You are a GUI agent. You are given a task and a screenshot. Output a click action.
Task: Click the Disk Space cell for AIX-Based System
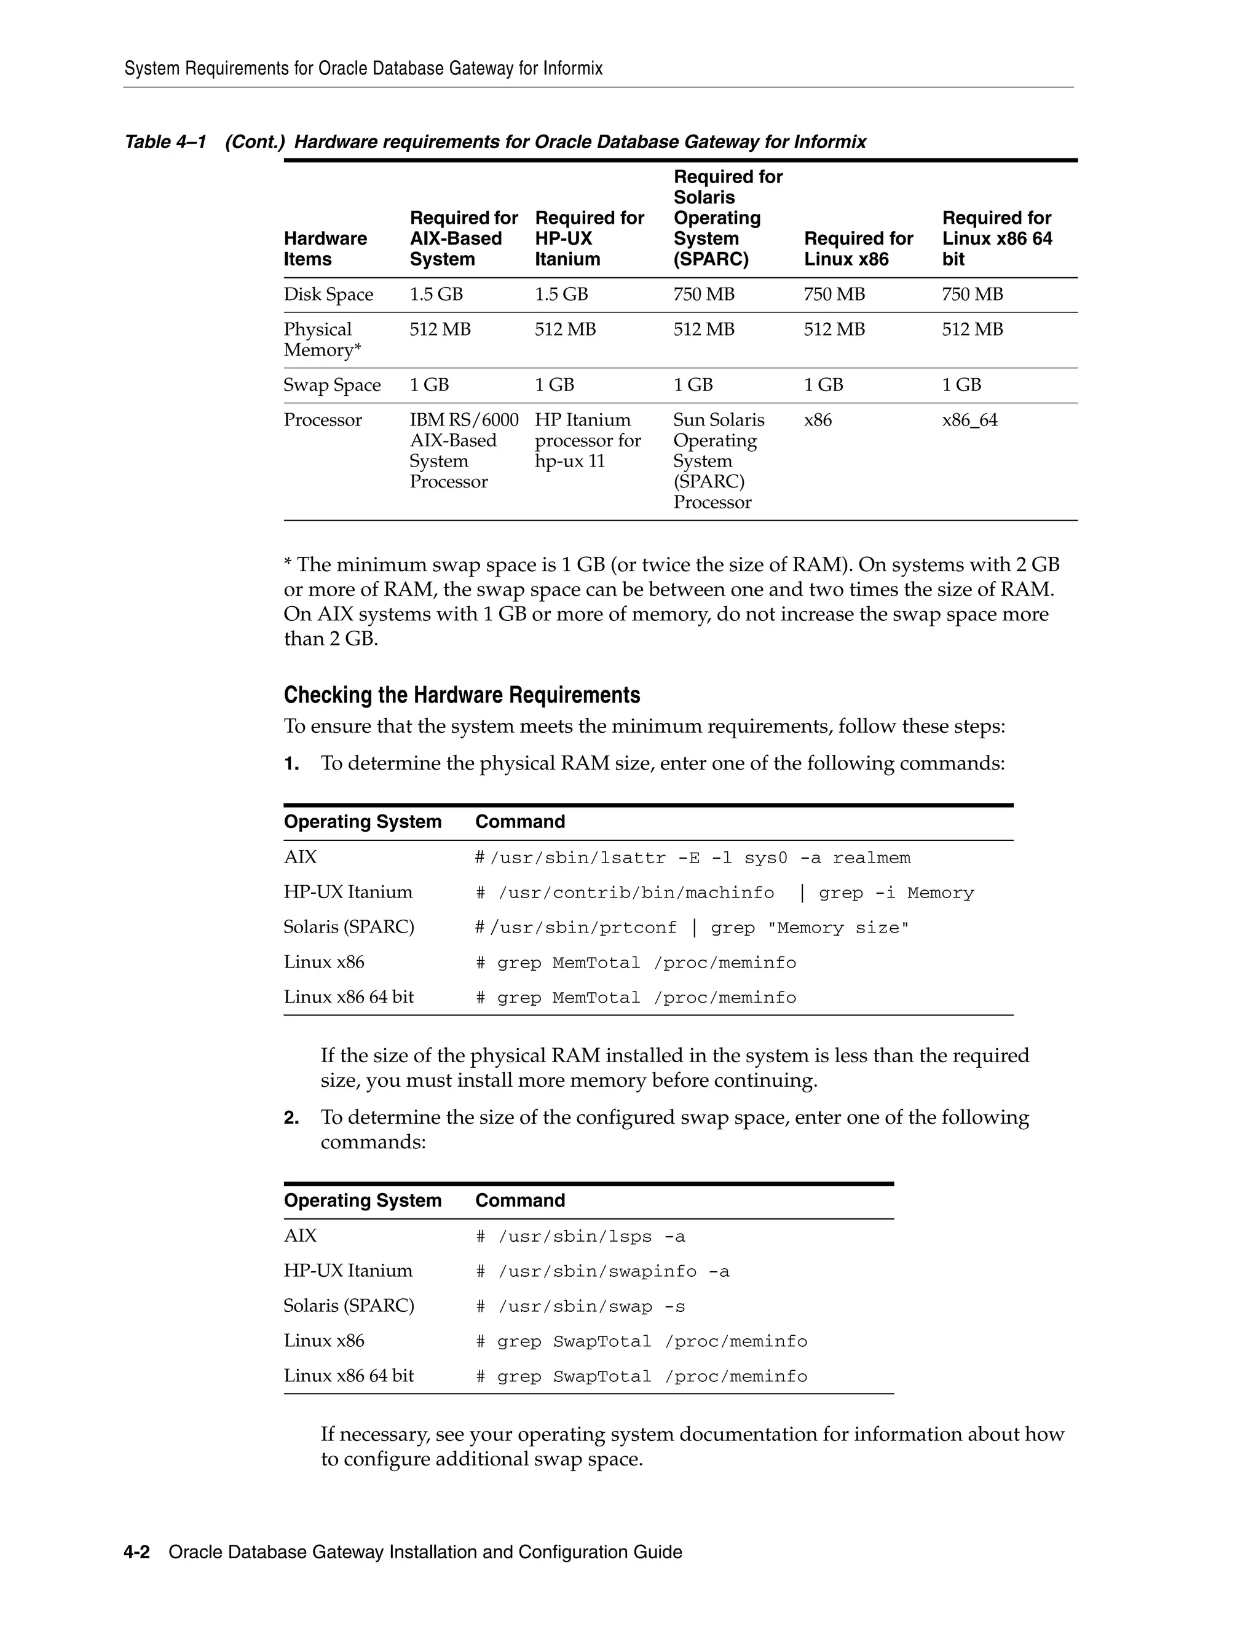tap(436, 294)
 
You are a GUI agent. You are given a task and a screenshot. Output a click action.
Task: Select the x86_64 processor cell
tap(969, 420)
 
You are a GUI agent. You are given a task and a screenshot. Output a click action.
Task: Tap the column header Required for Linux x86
tap(858, 248)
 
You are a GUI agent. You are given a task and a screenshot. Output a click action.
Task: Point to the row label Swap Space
tap(331, 385)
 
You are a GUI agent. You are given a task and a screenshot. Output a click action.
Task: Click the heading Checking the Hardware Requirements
tap(461, 695)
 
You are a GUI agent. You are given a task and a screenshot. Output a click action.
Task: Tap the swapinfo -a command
tap(602, 1272)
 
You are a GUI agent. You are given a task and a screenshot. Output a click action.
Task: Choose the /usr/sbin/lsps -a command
tap(580, 1237)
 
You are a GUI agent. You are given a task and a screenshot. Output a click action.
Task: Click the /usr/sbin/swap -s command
tap(580, 1307)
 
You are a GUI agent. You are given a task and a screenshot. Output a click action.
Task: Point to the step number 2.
tap(291, 1118)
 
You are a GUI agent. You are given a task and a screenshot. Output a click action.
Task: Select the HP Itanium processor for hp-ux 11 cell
tap(587, 440)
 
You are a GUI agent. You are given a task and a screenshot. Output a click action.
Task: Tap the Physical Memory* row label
tap(322, 339)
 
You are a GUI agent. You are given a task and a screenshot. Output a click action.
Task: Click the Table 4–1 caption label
tap(165, 142)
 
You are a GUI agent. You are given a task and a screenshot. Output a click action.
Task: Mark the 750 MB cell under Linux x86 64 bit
tap(972, 294)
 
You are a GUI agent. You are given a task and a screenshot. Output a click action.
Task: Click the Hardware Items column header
tap(325, 248)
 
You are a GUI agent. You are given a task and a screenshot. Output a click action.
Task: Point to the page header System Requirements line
tap(363, 69)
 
